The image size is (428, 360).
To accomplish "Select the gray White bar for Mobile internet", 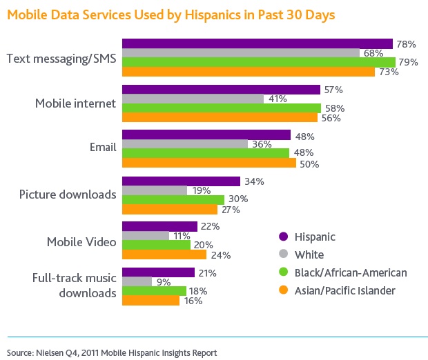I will click(193, 99).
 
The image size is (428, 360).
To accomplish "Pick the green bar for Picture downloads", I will click(173, 199).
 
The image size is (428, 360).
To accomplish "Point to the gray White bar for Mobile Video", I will click(145, 235).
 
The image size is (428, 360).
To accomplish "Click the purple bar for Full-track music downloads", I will click(158, 272).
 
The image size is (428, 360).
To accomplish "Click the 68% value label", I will click(373, 53).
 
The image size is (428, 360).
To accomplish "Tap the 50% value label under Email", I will click(309, 163).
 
